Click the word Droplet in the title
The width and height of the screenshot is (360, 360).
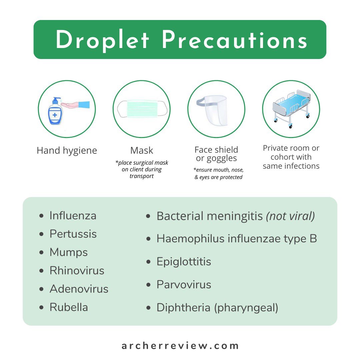(103, 40)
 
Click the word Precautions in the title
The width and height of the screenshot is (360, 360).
(234, 40)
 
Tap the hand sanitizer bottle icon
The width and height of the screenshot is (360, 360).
(55, 111)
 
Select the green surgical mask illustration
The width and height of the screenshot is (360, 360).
(141, 109)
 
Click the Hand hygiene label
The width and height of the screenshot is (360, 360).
(67, 151)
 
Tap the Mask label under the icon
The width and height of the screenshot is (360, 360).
(142, 151)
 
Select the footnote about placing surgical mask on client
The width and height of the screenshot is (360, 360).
(142, 169)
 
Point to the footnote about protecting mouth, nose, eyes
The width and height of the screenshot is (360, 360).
(219, 173)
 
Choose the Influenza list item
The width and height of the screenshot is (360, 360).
(73, 216)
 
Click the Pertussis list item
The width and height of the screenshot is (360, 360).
(73, 234)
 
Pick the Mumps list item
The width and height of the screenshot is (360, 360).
(69, 252)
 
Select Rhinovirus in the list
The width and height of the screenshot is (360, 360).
(77, 271)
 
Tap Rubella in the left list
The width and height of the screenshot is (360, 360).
(69, 307)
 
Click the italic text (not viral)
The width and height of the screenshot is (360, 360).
(290, 216)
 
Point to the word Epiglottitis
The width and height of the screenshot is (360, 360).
(184, 262)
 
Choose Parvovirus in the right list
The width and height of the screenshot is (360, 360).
(184, 285)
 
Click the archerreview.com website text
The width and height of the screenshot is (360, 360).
(180, 346)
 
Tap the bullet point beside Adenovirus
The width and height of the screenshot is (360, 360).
(41, 289)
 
